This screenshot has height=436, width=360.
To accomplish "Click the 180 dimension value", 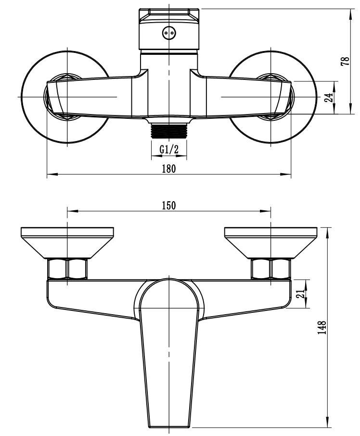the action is (x=169, y=168).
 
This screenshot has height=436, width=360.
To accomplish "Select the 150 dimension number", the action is (x=169, y=205).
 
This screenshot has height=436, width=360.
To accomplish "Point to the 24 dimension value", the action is (x=329, y=98).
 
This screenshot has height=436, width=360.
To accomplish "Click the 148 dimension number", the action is (x=322, y=328).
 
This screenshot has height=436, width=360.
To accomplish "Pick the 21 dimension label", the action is (x=300, y=294).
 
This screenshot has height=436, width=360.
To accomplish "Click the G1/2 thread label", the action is (x=169, y=149).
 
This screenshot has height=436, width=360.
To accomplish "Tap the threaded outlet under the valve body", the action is (x=169, y=131).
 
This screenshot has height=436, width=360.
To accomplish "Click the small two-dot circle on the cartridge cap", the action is (x=169, y=33).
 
